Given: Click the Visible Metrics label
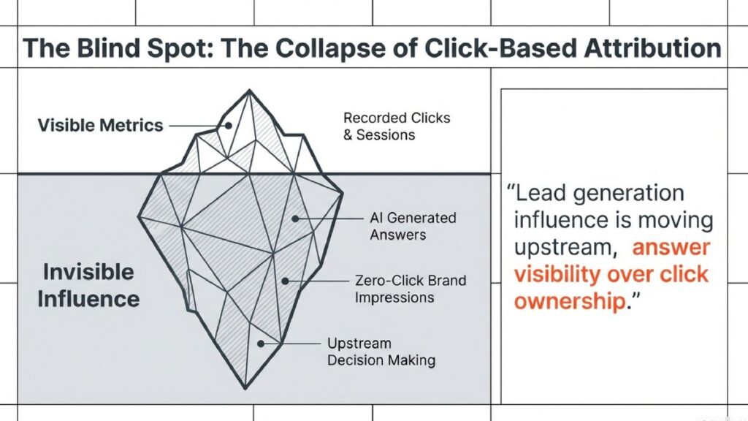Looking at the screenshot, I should [x=100, y=125].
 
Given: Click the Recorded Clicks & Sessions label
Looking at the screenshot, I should [x=397, y=126].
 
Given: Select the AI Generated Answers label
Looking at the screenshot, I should [x=413, y=226].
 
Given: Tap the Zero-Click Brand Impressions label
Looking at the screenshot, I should [x=411, y=289].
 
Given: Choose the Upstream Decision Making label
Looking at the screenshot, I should [x=381, y=352].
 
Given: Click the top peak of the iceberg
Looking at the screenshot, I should [x=249, y=91].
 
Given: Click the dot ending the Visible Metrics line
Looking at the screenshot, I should [x=228, y=125].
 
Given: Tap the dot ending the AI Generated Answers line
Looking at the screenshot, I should [x=295, y=218].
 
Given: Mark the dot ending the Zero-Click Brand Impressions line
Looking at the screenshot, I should [x=284, y=281].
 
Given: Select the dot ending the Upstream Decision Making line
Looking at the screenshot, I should [x=260, y=343].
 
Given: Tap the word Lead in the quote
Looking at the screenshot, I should [x=541, y=193].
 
